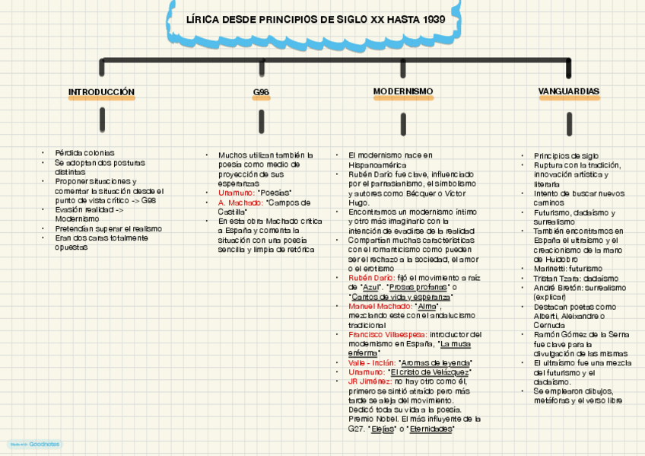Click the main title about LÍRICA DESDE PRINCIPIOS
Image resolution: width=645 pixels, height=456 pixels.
point(315,19)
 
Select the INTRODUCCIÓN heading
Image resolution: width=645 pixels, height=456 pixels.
point(101,92)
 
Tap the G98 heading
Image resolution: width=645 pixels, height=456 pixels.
point(261,92)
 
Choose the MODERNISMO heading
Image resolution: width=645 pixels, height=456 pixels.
point(402,91)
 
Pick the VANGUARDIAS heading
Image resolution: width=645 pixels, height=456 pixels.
point(568,91)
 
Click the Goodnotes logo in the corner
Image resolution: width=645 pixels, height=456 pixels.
point(35,444)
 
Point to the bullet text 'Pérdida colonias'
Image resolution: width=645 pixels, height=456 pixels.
point(84,153)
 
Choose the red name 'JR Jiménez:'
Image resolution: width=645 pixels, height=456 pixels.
point(370,381)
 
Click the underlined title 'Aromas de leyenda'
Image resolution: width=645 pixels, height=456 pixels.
point(435,362)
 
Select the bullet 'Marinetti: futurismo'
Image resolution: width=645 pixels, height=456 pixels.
point(567,269)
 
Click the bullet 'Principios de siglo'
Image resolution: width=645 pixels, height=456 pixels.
point(566,155)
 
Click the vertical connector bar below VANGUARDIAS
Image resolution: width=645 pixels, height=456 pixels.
point(569,123)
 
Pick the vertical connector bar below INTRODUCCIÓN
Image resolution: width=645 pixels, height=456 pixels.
point(102,119)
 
